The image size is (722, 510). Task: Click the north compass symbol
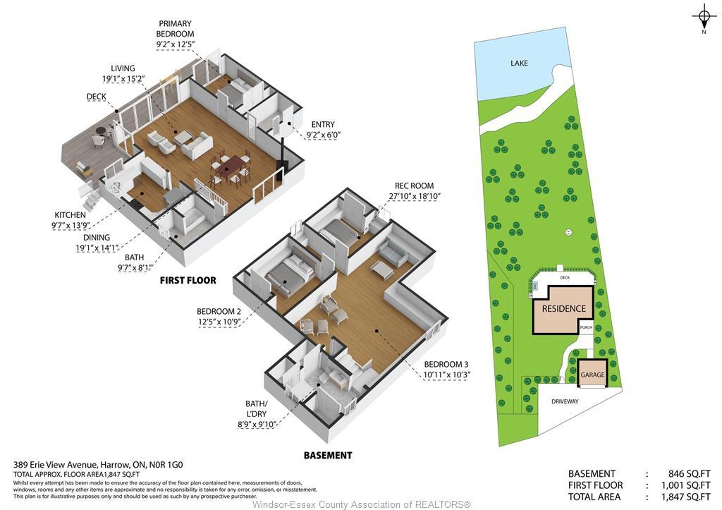pyautogui.click(x=703, y=15)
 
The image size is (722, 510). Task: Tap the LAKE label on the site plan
pyautogui.click(x=519, y=63)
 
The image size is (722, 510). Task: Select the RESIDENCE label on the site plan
pyautogui.click(x=563, y=308)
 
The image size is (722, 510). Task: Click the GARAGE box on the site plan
pyautogui.click(x=592, y=375)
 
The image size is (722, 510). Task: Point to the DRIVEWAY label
pyautogui.click(x=564, y=401)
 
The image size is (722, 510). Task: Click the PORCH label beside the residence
pyautogui.click(x=586, y=328)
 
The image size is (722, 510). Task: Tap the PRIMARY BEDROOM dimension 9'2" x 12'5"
pyautogui.click(x=175, y=44)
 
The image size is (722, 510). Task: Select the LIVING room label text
pyautogui.click(x=123, y=68)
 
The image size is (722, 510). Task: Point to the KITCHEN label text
pyautogui.click(x=70, y=215)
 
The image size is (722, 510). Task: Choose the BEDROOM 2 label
pyautogui.click(x=219, y=311)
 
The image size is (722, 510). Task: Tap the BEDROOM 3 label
pyautogui.click(x=446, y=364)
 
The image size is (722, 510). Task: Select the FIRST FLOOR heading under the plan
pyautogui.click(x=187, y=280)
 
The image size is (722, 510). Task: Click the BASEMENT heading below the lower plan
pyautogui.click(x=327, y=455)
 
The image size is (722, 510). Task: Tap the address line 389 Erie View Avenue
pyautogui.click(x=98, y=465)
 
